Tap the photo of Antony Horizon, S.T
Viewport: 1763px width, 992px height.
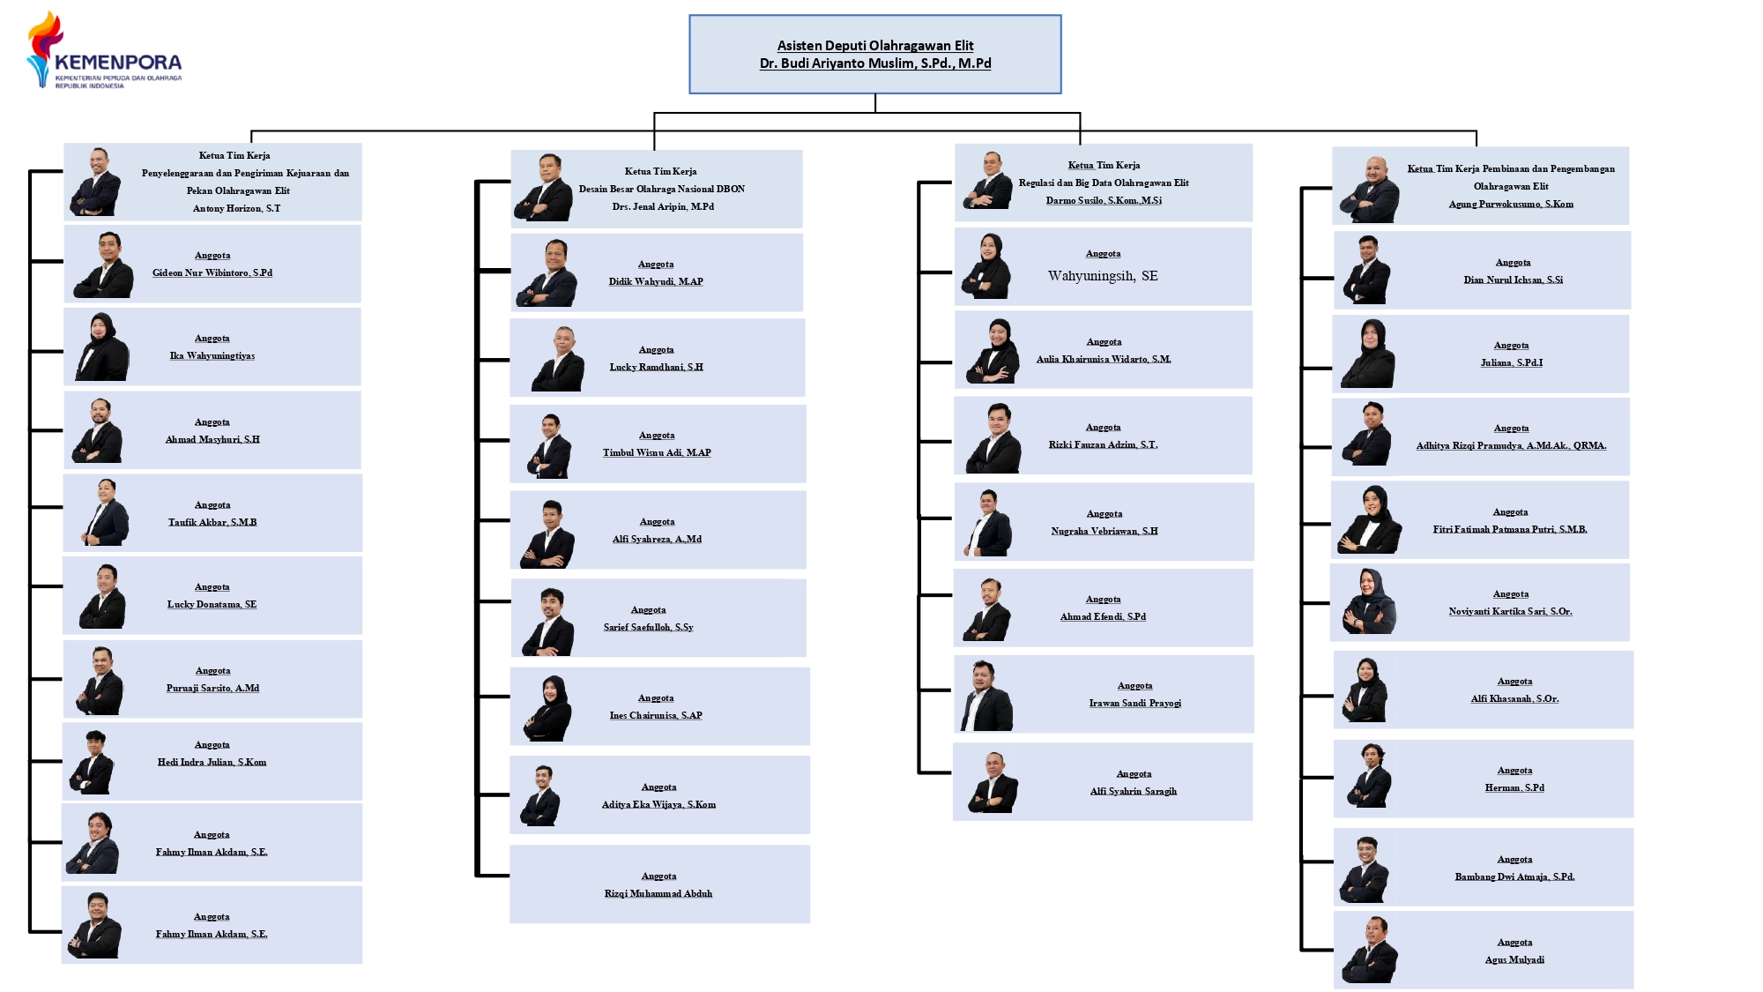click(96, 183)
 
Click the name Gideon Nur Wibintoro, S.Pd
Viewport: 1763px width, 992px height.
click(212, 273)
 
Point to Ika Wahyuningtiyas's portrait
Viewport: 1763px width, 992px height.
click(101, 347)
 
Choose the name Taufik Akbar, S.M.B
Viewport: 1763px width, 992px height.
click(212, 523)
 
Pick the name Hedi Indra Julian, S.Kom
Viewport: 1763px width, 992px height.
click(212, 763)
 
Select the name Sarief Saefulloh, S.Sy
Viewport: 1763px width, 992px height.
click(648, 628)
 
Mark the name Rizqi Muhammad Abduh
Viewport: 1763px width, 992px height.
click(658, 894)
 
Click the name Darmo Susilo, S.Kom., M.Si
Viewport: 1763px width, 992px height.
click(1104, 201)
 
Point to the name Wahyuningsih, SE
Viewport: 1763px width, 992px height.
click(1103, 276)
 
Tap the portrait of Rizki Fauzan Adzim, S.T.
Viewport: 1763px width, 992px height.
click(993, 438)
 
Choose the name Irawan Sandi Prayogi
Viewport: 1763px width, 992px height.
click(1134, 704)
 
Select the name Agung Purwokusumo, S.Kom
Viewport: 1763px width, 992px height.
click(1511, 205)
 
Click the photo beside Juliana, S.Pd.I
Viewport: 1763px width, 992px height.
click(1368, 354)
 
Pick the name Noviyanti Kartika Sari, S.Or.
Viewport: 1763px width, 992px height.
click(1510, 612)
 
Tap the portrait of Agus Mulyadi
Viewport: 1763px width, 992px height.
click(1370, 951)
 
